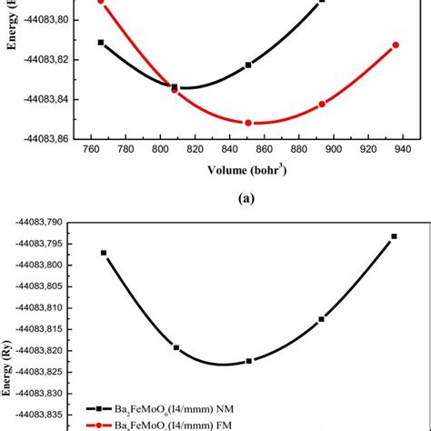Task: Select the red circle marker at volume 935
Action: (x=396, y=45)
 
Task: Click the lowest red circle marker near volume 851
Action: (x=248, y=123)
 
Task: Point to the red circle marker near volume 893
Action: (x=322, y=105)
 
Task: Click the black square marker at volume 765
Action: (x=101, y=43)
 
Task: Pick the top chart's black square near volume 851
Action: (x=248, y=65)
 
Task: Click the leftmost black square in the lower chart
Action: (x=104, y=253)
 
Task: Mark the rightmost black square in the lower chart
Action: (x=394, y=236)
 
